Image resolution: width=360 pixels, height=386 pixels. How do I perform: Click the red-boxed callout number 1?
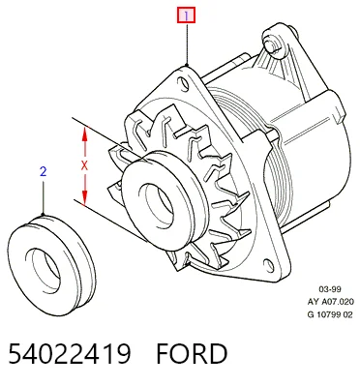click(186, 15)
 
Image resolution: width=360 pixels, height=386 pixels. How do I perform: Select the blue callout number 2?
click(44, 171)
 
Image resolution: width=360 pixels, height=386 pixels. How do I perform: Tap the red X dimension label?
click(84, 165)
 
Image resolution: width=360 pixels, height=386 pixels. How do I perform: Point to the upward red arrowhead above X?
click(84, 134)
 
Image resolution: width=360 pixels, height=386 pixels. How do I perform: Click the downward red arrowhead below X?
click(84, 197)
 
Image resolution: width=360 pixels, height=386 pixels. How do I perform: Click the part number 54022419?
click(70, 354)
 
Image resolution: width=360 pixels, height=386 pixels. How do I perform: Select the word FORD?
click(192, 354)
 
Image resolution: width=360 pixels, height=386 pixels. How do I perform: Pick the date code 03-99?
click(330, 289)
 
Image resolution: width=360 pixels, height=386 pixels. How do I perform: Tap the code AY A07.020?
click(331, 302)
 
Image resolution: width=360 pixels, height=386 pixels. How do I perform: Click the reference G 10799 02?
click(330, 314)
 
